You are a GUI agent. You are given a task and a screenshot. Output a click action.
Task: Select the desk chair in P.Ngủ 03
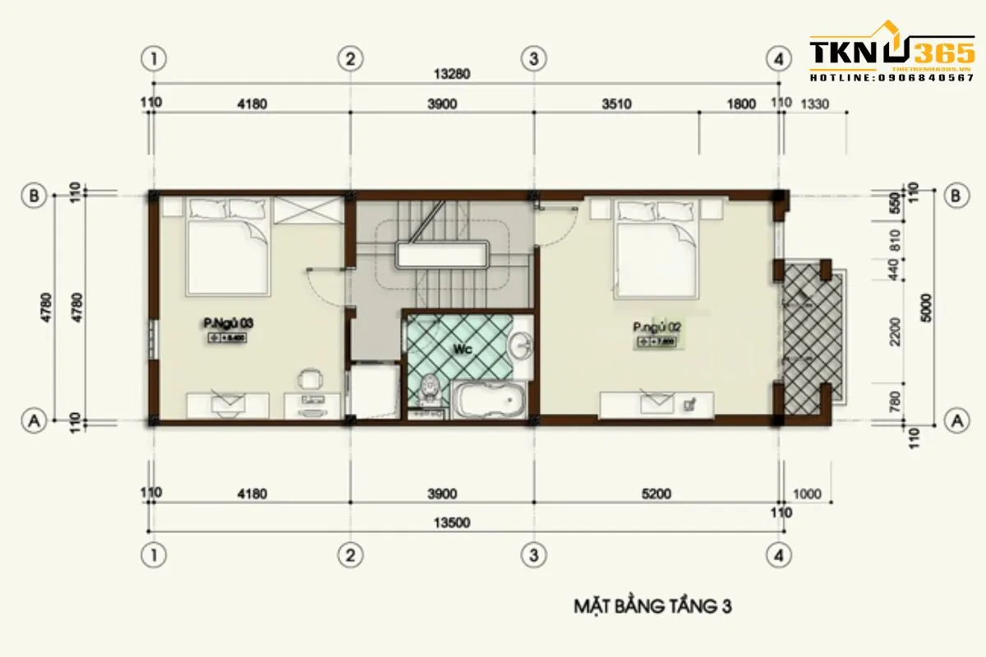[309, 379]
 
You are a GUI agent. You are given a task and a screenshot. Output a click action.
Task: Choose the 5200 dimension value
[657, 494]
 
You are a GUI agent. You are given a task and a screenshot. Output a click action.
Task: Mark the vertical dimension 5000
[927, 309]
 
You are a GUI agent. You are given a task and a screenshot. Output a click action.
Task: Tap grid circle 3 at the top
[534, 58]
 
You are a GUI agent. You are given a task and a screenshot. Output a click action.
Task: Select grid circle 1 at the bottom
[154, 554]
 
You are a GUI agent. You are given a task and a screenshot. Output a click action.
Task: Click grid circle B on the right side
[955, 195]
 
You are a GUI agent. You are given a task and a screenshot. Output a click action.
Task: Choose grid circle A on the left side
[34, 421]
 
